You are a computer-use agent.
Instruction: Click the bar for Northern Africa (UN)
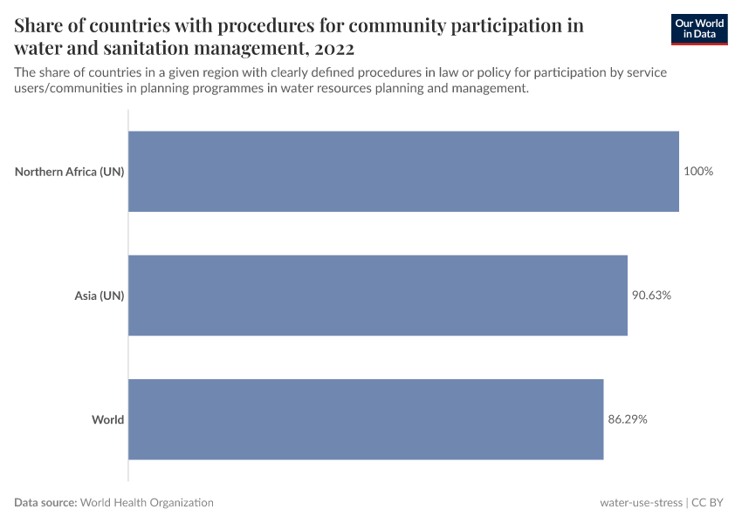coord(403,172)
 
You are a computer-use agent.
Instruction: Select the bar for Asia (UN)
coord(378,295)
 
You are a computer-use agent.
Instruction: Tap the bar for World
coord(366,419)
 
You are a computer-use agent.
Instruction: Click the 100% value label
coord(698,172)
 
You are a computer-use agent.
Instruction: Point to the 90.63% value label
coord(651,295)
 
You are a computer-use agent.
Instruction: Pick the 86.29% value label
coord(628,419)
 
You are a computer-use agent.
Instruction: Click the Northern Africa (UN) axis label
coord(70,172)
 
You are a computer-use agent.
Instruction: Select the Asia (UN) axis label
coord(100,295)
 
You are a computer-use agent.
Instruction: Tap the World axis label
coord(108,419)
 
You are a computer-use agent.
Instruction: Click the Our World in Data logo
coord(699,29)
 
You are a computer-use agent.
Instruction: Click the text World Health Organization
coord(148,503)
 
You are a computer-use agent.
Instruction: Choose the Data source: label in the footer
coord(45,503)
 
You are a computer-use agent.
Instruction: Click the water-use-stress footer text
coord(641,503)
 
